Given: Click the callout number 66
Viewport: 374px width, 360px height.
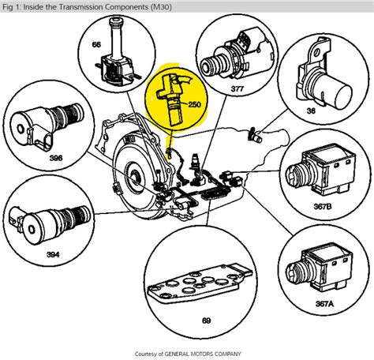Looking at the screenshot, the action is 96,45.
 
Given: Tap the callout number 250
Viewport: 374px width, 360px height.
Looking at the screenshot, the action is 194,104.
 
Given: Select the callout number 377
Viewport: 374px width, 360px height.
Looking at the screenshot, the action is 237,89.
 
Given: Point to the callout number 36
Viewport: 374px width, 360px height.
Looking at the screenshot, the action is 311,111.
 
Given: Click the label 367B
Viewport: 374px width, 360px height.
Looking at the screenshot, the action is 323,206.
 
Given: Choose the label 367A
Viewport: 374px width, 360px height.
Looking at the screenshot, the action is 324,304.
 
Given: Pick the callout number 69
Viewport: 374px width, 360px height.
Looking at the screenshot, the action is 206,321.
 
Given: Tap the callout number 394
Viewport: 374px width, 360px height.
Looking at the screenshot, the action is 53,254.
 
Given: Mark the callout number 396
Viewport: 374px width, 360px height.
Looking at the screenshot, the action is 56,158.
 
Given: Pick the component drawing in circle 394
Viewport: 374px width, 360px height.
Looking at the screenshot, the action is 49,223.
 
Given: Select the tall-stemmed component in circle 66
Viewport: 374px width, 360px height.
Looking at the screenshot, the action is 116,53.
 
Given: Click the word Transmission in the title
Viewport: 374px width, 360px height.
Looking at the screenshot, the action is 81,6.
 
